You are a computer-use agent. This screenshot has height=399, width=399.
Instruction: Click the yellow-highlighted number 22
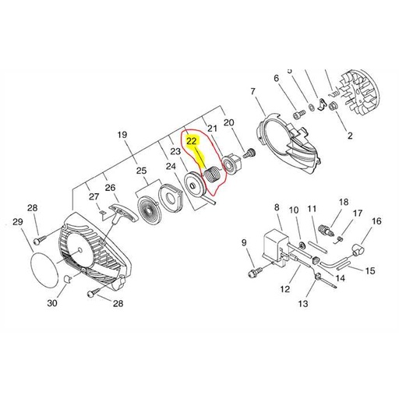[192, 142]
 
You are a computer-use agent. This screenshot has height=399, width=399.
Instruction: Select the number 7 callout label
[252, 92]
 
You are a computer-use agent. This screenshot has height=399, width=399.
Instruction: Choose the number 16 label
[376, 221]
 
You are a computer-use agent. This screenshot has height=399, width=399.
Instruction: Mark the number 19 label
[122, 136]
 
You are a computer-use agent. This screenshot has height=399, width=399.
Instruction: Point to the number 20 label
[228, 122]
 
